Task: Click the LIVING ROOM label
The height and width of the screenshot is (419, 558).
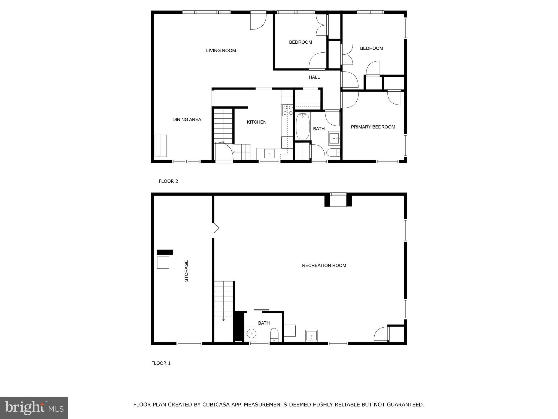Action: click(221, 50)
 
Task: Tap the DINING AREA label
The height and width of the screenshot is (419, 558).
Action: click(187, 119)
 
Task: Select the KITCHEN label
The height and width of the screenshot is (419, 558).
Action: click(256, 122)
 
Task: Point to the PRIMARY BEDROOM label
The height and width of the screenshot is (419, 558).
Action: click(373, 127)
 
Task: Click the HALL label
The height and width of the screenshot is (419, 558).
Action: click(314, 77)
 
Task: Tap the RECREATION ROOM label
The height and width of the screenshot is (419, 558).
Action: click(324, 265)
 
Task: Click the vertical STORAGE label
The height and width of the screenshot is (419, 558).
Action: click(186, 271)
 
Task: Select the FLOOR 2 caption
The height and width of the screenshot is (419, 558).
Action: click(168, 181)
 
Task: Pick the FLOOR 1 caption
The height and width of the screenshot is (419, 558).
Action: click(161, 363)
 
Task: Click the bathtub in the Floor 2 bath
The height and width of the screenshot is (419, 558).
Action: click(303, 126)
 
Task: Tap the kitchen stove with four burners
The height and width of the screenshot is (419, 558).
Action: click(287, 110)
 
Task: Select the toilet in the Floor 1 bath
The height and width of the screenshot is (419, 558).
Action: click(274, 334)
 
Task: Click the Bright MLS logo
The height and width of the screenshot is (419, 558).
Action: click(34, 408)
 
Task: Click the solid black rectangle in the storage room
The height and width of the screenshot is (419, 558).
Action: click(165, 252)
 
